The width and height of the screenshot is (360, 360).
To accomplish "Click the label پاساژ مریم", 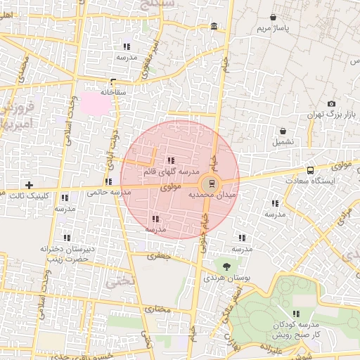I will point(273,28).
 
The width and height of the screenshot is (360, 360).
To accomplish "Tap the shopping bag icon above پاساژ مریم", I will point(273,17).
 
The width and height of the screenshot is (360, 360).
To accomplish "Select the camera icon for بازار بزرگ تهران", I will point(331,104).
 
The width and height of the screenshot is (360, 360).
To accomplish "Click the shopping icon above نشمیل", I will point(283,131).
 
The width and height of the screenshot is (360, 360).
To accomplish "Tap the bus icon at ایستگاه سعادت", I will point(310,170).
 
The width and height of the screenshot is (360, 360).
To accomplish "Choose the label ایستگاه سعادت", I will point(311,181).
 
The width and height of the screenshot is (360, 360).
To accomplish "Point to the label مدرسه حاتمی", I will point(107,191).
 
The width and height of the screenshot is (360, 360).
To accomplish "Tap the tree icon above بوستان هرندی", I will point(226,266).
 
